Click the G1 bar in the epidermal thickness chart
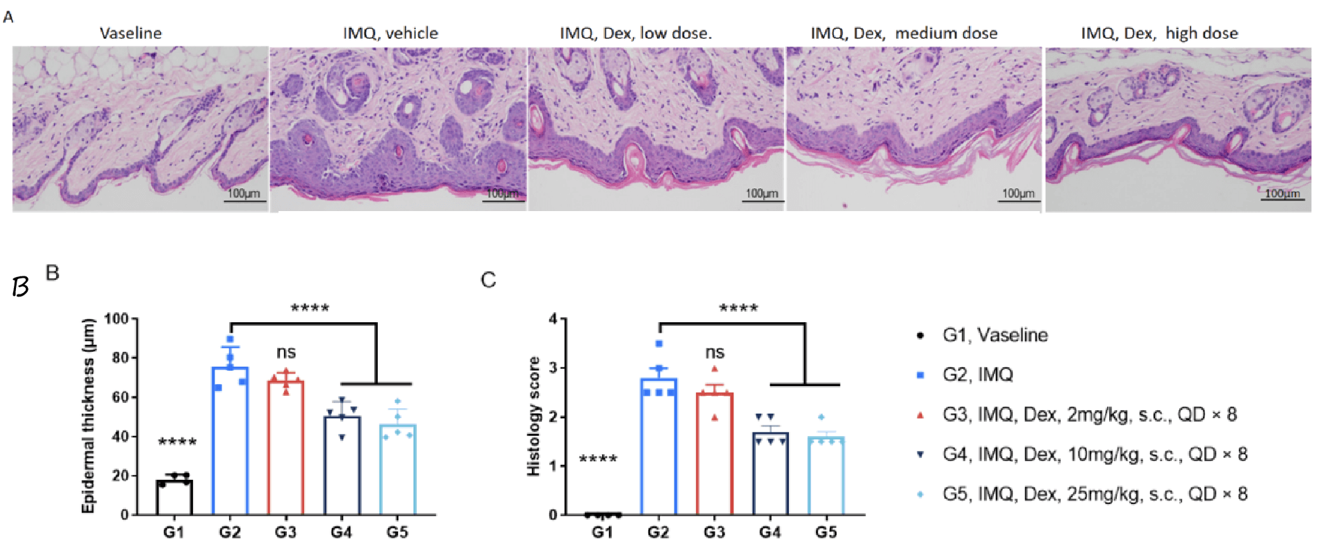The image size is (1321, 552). click(174, 496)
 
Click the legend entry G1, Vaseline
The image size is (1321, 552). click(995, 335)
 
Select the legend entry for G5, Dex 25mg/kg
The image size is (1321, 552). click(1094, 494)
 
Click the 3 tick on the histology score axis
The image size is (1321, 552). click(553, 367)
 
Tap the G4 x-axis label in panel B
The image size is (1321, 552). click(341, 532)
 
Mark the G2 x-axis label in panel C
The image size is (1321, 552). click(658, 532)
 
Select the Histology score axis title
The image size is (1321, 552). click(533, 416)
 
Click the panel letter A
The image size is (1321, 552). click(8, 17)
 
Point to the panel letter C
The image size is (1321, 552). click(488, 280)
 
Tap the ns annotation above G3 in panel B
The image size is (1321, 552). click(286, 353)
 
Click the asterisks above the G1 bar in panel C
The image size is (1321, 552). click(598, 459)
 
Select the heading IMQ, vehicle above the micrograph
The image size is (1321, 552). click(390, 33)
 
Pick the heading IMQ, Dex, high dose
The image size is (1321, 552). click(1159, 33)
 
